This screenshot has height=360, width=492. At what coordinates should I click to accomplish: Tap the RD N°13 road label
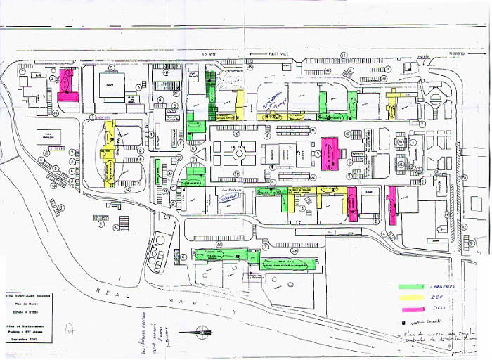click(x=208, y=53)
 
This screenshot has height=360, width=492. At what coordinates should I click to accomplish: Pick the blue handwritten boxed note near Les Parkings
click(x=229, y=198)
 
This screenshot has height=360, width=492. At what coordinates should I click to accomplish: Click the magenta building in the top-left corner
click(x=67, y=87)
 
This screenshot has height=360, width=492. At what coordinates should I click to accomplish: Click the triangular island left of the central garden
click(x=200, y=150)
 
